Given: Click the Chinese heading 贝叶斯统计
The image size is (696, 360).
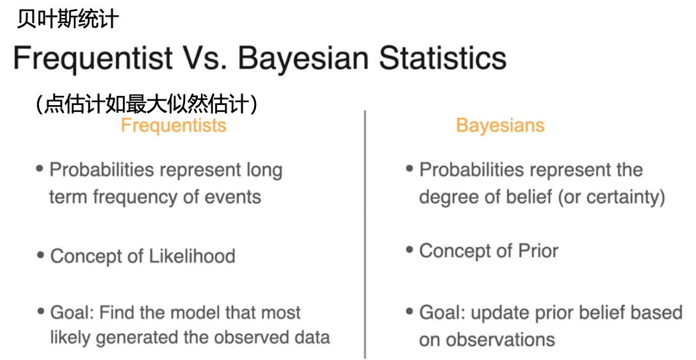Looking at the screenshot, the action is click(x=68, y=19).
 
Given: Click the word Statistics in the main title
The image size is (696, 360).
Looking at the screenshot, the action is click(x=442, y=58).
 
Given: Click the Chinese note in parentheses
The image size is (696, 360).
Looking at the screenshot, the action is click(x=147, y=104).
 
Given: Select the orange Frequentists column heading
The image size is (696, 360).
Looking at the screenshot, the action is click(x=174, y=125).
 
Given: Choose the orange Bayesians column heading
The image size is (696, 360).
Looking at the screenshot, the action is click(x=500, y=125).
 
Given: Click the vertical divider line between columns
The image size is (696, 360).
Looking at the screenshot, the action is click(x=365, y=234).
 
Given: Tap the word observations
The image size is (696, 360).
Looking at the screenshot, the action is click(x=499, y=340).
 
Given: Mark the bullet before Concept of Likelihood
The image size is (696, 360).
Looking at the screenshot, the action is click(x=41, y=255).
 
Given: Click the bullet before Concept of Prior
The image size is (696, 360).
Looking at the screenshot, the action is click(x=409, y=250).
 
